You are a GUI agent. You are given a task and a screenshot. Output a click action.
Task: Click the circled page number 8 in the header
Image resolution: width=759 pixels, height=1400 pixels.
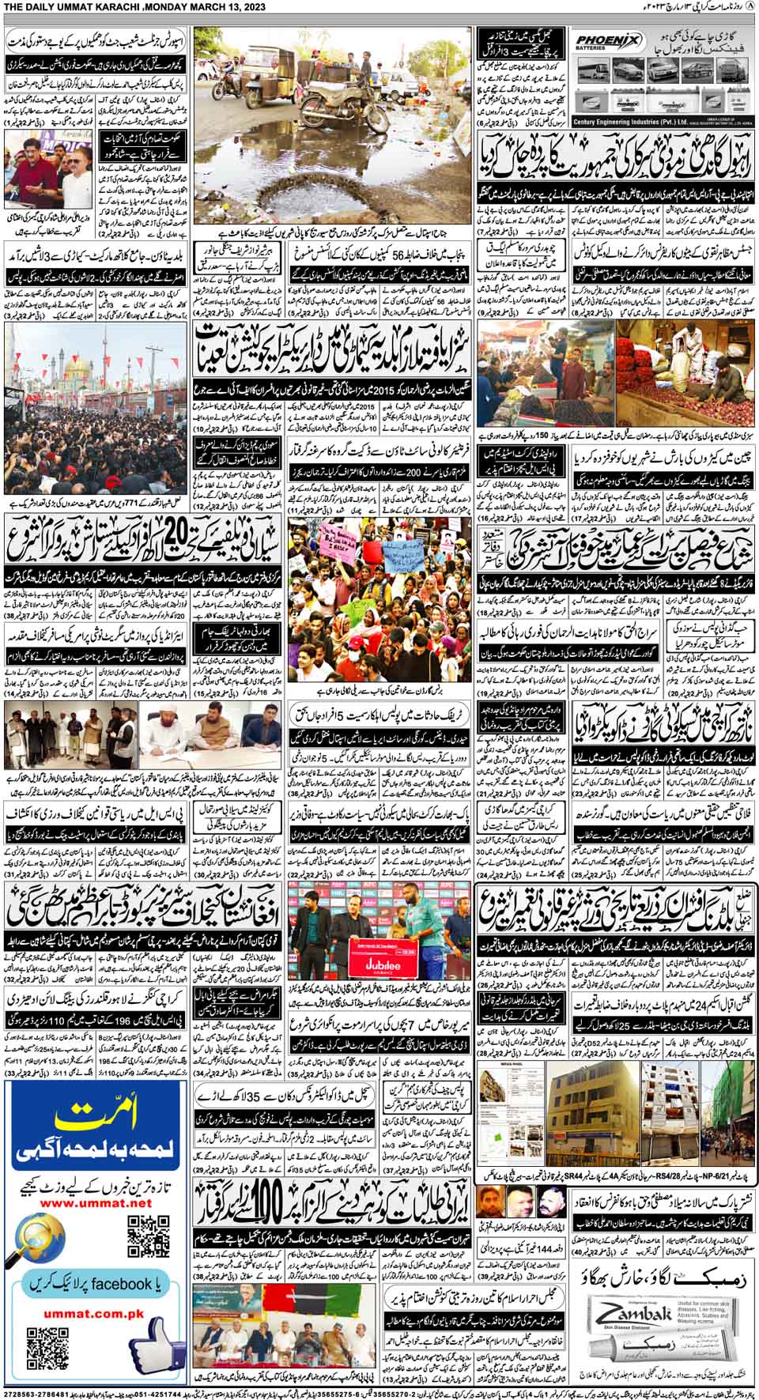point(750,7)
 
